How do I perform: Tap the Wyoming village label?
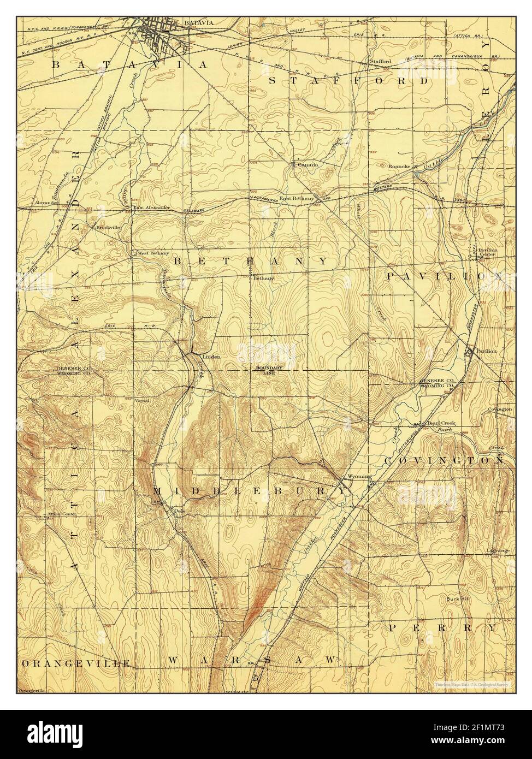(x=352, y=476)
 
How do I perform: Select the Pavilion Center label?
(x=487, y=253)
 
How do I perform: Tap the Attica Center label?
(x=62, y=514)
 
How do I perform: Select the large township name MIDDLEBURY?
(x=249, y=491)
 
